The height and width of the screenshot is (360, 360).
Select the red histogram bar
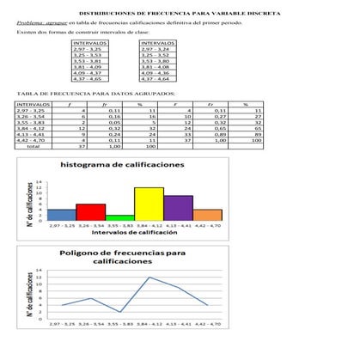[90, 210]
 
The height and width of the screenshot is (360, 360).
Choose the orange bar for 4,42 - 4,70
[207, 212]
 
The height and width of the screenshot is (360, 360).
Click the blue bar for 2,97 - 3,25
[61, 212]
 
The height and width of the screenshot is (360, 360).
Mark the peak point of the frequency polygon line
[149, 278]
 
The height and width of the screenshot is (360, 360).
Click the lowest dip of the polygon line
[119, 311]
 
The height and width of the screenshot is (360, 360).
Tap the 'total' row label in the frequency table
[34, 147]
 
